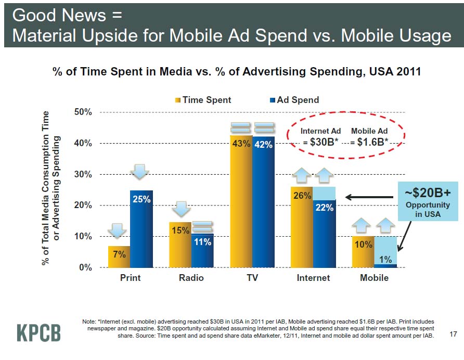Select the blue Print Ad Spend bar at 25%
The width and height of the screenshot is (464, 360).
(x=141, y=229)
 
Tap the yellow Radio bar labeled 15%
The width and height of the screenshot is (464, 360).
(x=180, y=245)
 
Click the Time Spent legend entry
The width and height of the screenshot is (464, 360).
(x=203, y=100)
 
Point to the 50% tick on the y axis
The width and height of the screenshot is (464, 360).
(x=82, y=112)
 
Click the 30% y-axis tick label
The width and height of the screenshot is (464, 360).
(x=82, y=174)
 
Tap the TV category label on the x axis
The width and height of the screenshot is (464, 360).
(x=252, y=278)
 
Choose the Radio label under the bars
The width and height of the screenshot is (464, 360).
(x=191, y=278)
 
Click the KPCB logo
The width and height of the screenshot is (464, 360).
(x=39, y=332)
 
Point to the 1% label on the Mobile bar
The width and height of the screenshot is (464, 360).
(x=385, y=259)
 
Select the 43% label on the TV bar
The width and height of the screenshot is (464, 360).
(x=241, y=144)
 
